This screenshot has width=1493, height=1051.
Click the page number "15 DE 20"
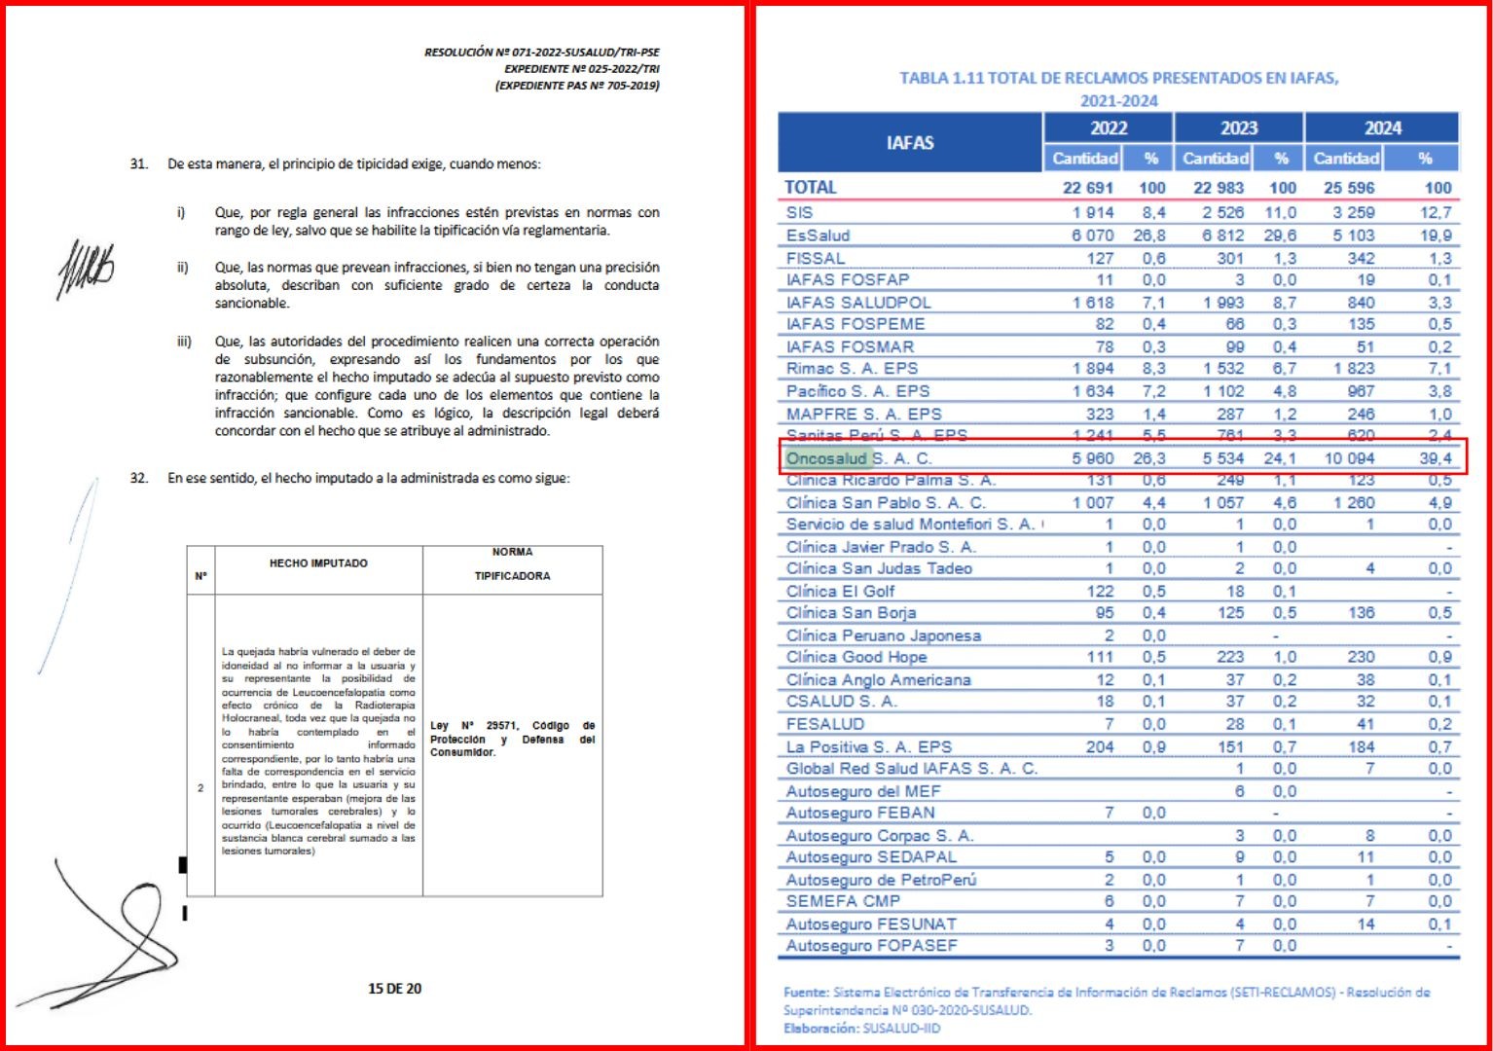(x=394, y=989)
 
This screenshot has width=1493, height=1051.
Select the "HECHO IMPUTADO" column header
(x=318, y=563)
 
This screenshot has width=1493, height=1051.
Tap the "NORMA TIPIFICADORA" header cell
(x=512, y=564)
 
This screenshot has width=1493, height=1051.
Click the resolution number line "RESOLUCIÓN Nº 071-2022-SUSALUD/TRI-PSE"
(x=541, y=53)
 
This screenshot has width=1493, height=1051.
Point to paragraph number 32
(x=139, y=478)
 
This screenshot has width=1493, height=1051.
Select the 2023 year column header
(x=1238, y=128)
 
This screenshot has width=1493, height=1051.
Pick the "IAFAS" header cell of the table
(x=910, y=143)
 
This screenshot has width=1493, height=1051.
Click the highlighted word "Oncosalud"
(x=826, y=458)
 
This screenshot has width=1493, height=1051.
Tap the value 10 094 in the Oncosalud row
(x=1350, y=458)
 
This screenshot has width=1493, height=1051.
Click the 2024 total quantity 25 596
(x=1349, y=188)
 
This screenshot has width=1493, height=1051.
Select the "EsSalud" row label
(x=818, y=236)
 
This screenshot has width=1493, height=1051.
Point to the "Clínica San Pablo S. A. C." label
(x=886, y=503)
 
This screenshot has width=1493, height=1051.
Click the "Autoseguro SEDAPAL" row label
(x=871, y=857)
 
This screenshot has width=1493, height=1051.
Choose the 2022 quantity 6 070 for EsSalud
(x=1092, y=236)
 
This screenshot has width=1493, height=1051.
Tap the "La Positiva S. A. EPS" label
(x=868, y=747)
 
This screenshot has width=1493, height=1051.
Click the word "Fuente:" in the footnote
(x=806, y=993)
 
